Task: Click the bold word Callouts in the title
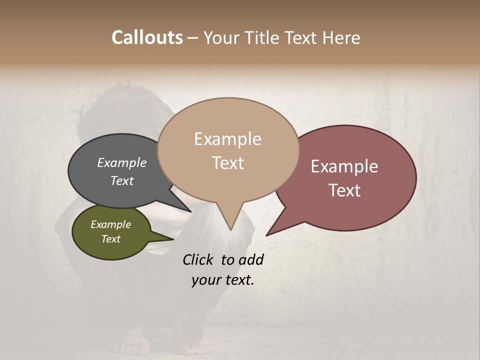[147, 37]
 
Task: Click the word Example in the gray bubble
[122, 163]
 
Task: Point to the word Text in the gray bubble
[122, 181]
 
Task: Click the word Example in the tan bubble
[227, 139]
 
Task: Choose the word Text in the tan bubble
[227, 163]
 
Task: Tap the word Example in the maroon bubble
[344, 166]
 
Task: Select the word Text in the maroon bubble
[344, 190]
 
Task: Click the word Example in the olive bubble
[110, 224]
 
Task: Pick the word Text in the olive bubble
[110, 239]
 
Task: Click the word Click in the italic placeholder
[199, 259]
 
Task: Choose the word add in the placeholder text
[250, 259]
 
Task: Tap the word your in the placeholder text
[205, 280]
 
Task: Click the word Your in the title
[221, 37]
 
